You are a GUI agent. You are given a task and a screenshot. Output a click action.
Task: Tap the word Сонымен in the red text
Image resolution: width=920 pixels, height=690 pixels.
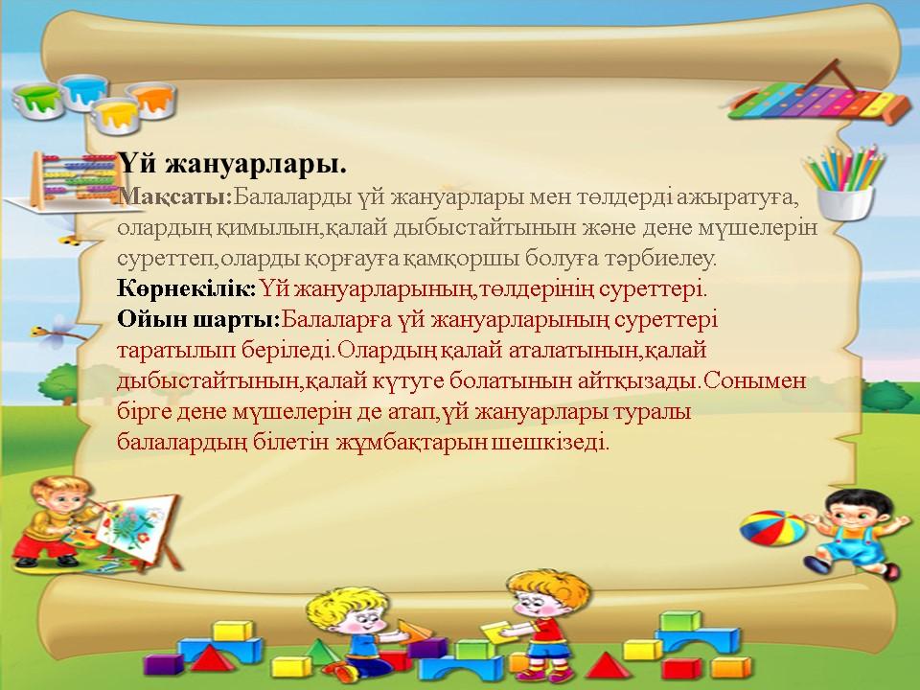[x=754, y=380]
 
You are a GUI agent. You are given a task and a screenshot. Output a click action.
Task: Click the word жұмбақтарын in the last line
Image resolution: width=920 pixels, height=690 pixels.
[x=411, y=442]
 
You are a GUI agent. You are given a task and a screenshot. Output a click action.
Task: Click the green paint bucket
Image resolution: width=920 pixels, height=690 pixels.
[x=38, y=100]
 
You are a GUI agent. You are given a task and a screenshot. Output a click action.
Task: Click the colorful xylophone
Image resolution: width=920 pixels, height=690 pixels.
[x=816, y=101]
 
